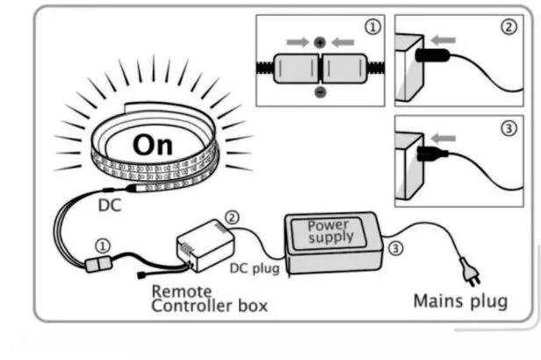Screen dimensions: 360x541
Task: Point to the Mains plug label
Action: [460, 301]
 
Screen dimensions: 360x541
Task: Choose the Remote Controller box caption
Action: [210, 299]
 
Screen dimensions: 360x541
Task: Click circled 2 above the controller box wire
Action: [232, 216]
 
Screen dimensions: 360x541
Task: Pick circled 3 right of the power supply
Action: [397, 248]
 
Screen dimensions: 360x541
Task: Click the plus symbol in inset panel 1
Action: [320, 41]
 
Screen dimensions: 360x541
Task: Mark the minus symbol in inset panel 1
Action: [320, 91]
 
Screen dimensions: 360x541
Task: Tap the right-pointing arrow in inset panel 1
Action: [296, 41]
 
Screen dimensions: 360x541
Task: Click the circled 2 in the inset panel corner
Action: [508, 27]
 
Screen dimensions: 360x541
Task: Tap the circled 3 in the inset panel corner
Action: [508, 129]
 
